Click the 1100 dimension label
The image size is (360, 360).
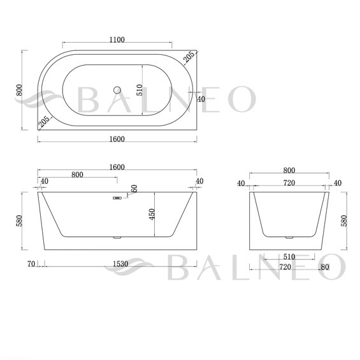pyautogui.click(x=117, y=40)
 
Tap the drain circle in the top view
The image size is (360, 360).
pyautogui.click(x=117, y=90)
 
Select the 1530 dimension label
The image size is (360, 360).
pyautogui.click(x=120, y=264)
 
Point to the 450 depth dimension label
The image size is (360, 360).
pyautogui.click(x=152, y=214)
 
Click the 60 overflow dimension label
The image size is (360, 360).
pyautogui.click(x=134, y=189)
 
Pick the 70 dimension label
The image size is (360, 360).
pyautogui.click(x=31, y=264)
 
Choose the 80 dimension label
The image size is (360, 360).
pyautogui.click(x=325, y=267)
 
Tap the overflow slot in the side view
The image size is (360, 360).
pyautogui.click(x=117, y=198)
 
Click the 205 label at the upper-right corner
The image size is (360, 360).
pyautogui.click(x=189, y=57)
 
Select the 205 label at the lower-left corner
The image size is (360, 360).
pyautogui.click(x=43, y=122)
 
